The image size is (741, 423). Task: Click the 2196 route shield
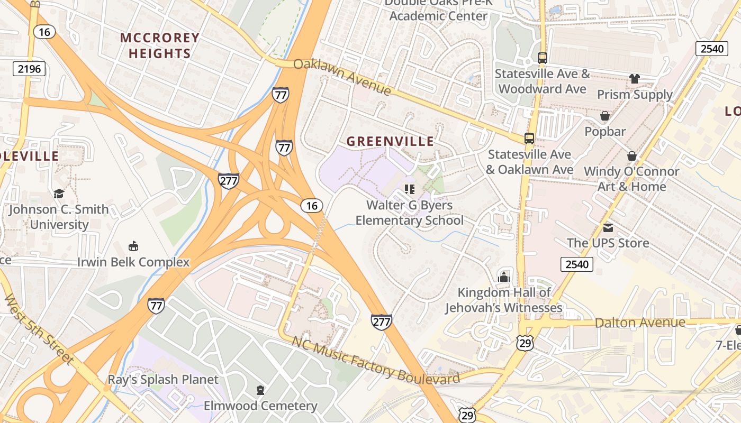click(x=30, y=68)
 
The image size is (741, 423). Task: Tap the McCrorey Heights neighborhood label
click(x=159, y=45)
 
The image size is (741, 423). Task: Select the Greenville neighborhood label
click(x=390, y=141)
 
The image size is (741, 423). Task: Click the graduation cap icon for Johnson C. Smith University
click(x=59, y=194)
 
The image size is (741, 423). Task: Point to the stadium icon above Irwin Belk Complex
click(x=133, y=246)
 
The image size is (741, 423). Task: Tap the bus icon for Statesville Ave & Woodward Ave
click(x=542, y=58)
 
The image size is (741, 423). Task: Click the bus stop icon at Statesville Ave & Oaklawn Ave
click(x=529, y=138)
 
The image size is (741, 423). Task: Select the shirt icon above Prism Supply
click(x=635, y=79)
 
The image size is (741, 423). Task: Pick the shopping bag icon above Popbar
click(x=604, y=115)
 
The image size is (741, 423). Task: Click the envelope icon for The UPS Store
click(x=608, y=227)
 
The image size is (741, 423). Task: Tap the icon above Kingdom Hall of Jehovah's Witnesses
click(x=503, y=277)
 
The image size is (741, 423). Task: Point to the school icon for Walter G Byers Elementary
click(x=409, y=189)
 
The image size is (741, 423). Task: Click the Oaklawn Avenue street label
click(x=342, y=77)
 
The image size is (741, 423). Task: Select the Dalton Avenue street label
click(x=640, y=322)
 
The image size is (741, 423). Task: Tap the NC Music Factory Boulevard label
click(x=376, y=361)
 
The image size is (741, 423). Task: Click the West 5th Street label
click(x=38, y=329)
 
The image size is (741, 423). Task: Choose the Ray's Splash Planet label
click(x=163, y=379)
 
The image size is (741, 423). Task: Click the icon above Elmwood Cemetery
click(x=260, y=390)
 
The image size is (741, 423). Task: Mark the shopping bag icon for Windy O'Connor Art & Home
click(x=631, y=156)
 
